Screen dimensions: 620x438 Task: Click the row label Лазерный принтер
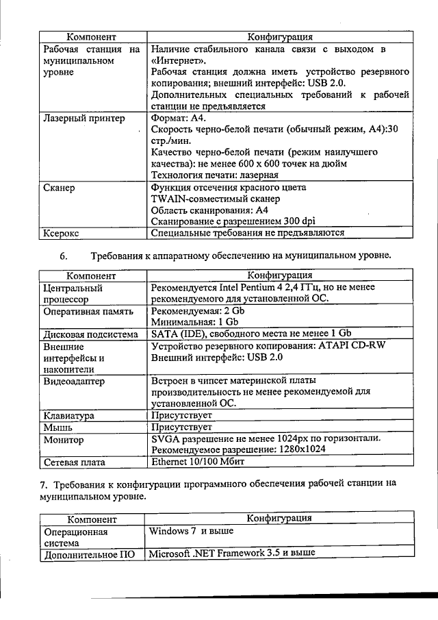[84, 119]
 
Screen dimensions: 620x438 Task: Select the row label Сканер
[59, 187]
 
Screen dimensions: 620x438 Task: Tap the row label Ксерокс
[62, 234]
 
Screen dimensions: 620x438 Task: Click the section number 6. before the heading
[64, 256]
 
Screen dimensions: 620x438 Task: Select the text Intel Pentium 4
[249, 288]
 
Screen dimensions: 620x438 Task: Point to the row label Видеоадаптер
[74, 381]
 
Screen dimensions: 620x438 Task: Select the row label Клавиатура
[69, 416]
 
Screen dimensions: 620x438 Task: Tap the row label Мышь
[58, 427]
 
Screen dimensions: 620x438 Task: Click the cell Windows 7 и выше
[191, 531]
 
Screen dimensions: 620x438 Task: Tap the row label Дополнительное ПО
[88, 555]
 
